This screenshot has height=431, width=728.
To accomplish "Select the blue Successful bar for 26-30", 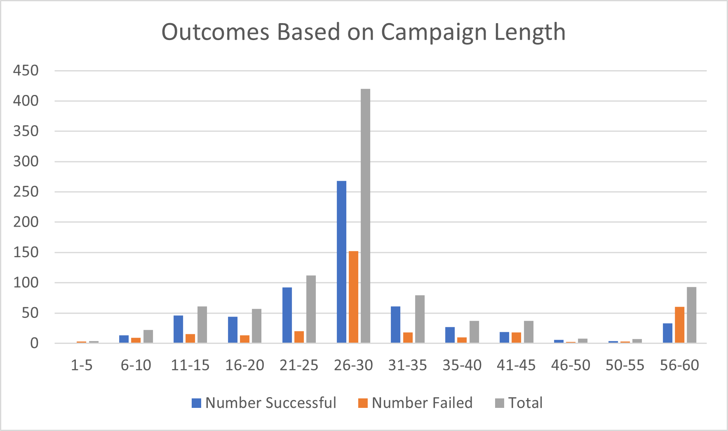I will [341, 262].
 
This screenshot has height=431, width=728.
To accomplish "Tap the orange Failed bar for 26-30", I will [353, 297].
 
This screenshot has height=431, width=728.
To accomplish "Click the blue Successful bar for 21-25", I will [287, 315].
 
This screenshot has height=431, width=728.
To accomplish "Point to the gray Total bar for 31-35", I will [420, 319].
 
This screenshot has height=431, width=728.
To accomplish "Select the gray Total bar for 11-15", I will [202, 324].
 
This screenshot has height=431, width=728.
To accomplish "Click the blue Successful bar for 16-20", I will [232, 329].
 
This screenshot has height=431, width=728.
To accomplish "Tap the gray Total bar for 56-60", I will [691, 315].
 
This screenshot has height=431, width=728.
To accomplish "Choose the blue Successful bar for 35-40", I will [450, 335].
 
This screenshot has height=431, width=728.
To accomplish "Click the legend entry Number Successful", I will [264, 403].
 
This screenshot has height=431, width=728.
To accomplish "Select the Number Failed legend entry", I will [416, 403].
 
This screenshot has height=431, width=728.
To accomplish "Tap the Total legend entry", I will [519, 403].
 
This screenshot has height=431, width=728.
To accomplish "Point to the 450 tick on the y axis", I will [26, 71].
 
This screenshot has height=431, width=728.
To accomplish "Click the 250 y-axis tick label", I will [26, 192].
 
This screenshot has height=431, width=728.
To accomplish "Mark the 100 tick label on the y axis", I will [26, 283].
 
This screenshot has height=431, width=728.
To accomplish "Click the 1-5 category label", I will [82, 365].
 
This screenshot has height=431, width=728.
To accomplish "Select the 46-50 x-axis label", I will [571, 365].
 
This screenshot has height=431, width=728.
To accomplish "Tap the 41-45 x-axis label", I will [516, 365].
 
